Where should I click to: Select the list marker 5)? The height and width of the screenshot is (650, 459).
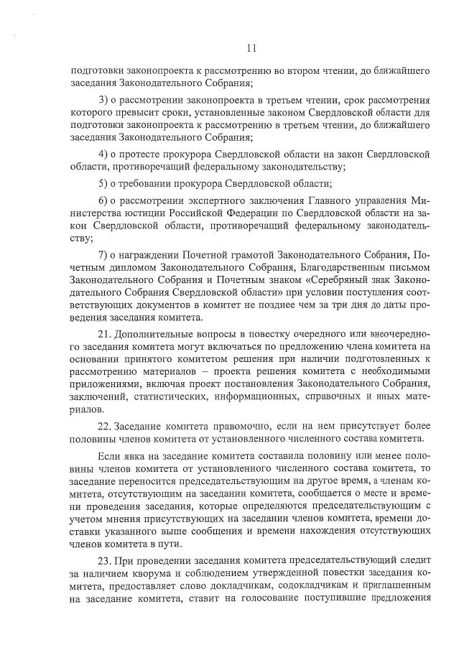[x=103, y=182]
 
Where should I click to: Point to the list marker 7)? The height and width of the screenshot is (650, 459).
[x=103, y=254]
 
